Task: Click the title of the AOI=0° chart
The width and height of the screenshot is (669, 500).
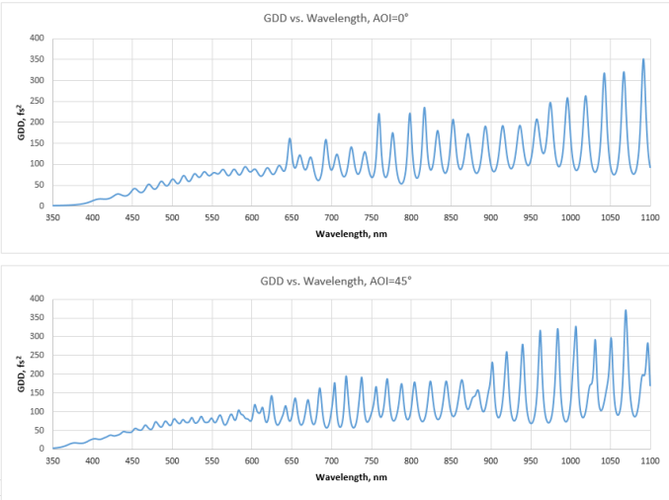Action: (x=336, y=19)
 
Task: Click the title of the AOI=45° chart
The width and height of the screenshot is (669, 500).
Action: (x=336, y=282)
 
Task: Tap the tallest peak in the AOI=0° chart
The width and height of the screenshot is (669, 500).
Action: (x=643, y=59)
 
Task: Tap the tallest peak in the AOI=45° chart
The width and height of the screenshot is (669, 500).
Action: (x=626, y=310)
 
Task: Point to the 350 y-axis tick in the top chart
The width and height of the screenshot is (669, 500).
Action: (x=37, y=59)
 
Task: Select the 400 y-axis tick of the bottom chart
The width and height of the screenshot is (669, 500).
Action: (x=37, y=298)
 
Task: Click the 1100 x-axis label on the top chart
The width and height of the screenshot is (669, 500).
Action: (x=650, y=217)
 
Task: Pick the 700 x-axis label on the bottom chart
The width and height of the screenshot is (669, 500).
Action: (x=331, y=460)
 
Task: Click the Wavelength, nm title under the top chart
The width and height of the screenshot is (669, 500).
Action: (x=351, y=234)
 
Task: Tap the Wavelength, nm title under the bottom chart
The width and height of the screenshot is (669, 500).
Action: (x=351, y=477)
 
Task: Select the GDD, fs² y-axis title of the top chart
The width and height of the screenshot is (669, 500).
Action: (x=21, y=123)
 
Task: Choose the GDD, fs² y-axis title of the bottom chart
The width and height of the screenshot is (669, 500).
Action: (x=21, y=374)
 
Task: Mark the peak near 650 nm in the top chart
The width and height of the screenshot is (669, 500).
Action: (x=290, y=138)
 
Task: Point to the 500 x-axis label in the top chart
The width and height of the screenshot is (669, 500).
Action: (x=172, y=217)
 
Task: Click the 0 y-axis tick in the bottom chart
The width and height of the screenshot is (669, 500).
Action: (x=42, y=449)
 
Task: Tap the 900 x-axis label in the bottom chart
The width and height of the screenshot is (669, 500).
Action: (x=491, y=460)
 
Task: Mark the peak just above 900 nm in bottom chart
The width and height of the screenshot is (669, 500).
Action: (x=492, y=363)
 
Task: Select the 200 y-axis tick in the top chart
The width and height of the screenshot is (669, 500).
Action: (x=37, y=122)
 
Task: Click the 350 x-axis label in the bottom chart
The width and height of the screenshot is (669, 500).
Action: (x=52, y=460)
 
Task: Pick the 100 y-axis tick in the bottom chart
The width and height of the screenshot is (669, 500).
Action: (x=37, y=411)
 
